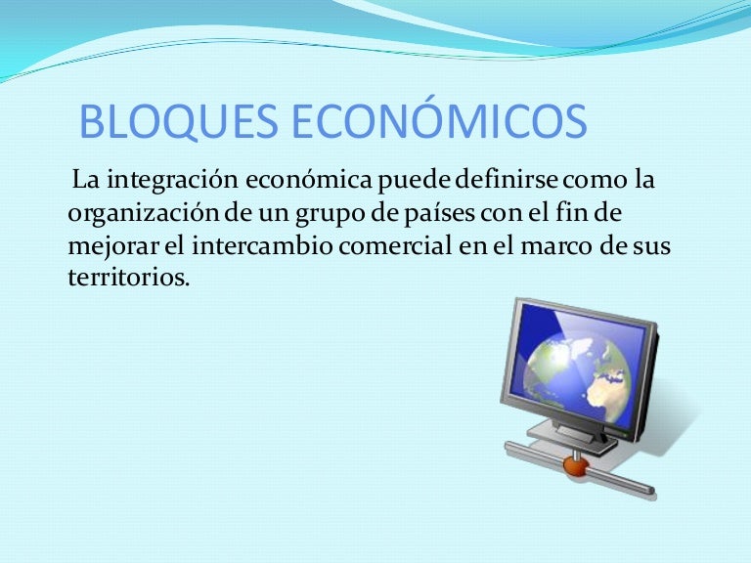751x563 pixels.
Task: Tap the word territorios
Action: click(128, 277)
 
